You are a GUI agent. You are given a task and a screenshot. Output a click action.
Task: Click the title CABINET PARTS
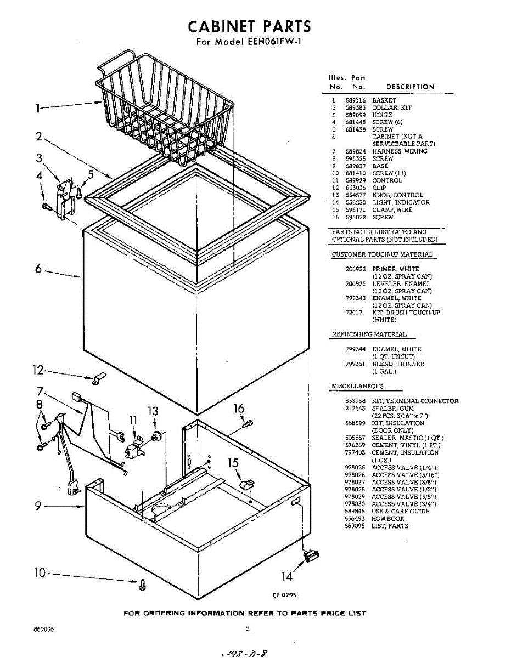pyautogui.click(x=249, y=26)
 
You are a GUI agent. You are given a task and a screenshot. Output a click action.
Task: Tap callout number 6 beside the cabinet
pyautogui.click(x=38, y=269)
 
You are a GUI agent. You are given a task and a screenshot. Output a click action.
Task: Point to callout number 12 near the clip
pyautogui.click(x=37, y=371)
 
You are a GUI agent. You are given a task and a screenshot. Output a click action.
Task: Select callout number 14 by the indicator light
pyautogui.click(x=287, y=576)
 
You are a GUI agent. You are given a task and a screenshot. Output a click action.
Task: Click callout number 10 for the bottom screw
pyautogui.click(x=40, y=573)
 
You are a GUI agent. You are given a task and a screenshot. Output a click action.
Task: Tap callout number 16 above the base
pyautogui.click(x=239, y=409)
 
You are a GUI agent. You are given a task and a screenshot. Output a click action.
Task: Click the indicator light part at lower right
pyautogui.click(x=311, y=557)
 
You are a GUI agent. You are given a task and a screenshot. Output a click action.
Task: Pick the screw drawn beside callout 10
pyautogui.click(x=143, y=585)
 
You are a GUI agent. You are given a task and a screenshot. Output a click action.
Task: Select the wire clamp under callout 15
pyautogui.click(x=248, y=484)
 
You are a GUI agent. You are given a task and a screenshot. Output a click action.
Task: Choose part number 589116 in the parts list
pyautogui.click(x=355, y=101)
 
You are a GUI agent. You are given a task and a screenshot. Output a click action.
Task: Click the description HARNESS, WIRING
pyautogui.click(x=400, y=151)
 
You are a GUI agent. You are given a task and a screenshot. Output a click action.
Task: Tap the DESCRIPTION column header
pyautogui.click(x=410, y=87)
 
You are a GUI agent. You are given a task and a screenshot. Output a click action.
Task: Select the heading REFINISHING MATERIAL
pyautogui.click(x=369, y=334)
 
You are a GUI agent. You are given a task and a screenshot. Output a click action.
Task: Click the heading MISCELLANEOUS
pyautogui.click(x=357, y=387)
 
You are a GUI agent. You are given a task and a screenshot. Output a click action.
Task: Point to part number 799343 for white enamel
pyautogui.click(x=355, y=298)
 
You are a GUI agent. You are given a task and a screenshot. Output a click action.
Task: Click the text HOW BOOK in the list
pyautogui.click(x=388, y=519)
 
